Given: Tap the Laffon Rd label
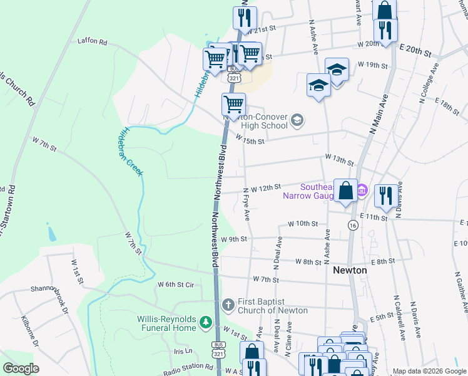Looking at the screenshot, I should [93, 42].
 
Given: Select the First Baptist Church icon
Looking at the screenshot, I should [228, 305].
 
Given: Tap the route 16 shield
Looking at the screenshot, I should [354, 226].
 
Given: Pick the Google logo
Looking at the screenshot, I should [21, 368].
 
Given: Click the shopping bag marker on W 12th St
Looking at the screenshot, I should [345, 191].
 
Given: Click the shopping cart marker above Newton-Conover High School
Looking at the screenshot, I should [233, 104].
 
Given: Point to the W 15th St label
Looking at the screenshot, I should [250, 141].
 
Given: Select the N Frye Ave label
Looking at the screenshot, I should [247, 204].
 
